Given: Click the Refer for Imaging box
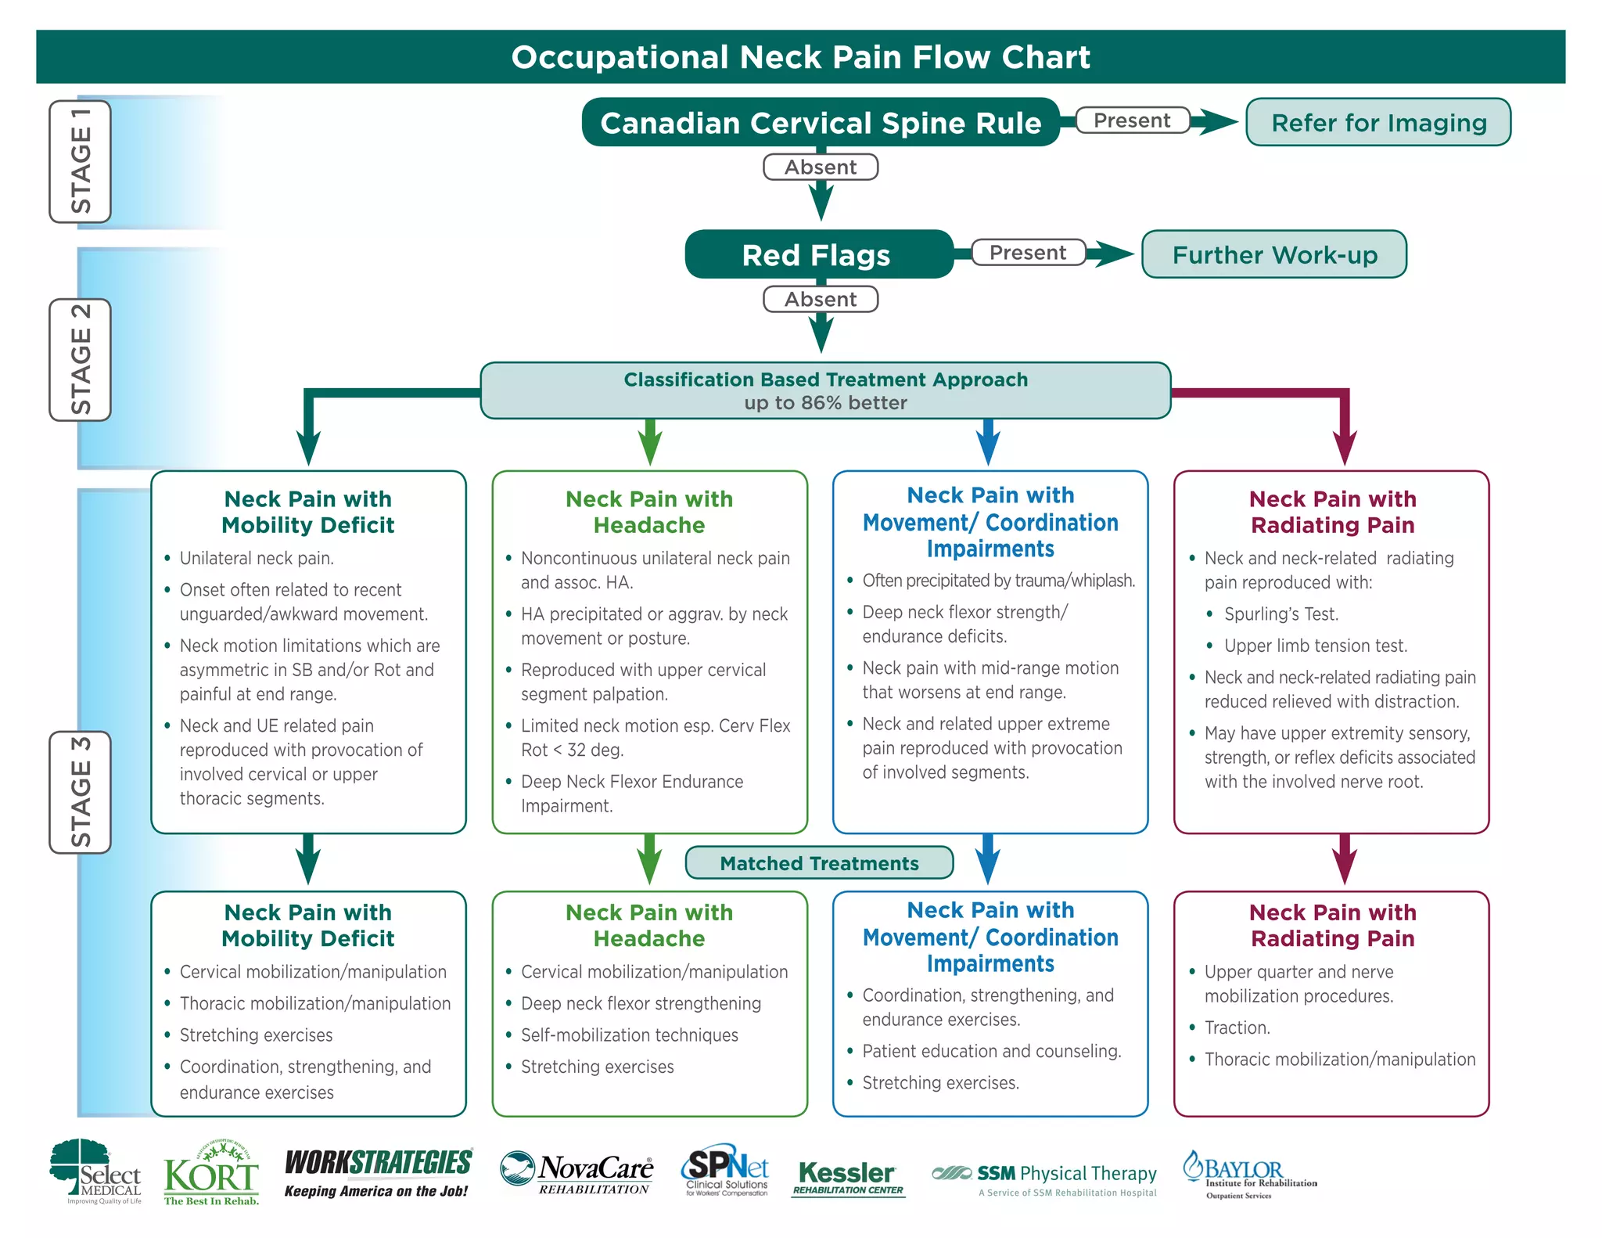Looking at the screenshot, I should (1378, 122).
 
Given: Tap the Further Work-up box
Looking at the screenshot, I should (1273, 254).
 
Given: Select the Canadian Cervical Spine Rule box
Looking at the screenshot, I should (820, 122).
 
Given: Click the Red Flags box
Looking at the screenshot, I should (818, 254).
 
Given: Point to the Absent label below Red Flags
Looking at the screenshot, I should (820, 299).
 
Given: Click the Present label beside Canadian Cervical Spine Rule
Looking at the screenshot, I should (1131, 121).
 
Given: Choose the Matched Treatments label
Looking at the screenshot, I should (819, 862).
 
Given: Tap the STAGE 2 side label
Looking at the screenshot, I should (81, 360).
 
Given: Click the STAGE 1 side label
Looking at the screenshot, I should (81, 161).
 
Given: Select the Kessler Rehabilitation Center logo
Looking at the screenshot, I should (848, 1177).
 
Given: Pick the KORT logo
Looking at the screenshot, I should (211, 1174).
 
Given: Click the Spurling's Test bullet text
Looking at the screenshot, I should (1281, 614).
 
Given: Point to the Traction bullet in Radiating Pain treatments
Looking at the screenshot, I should (1237, 1027).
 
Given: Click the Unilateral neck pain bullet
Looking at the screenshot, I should (257, 558).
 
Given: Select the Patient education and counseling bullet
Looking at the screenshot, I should (991, 1051).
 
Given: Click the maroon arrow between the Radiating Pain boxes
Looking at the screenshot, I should (1344, 859).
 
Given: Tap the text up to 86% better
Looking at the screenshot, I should (825, 403).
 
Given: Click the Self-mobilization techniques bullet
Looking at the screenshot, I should (629, 1035).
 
